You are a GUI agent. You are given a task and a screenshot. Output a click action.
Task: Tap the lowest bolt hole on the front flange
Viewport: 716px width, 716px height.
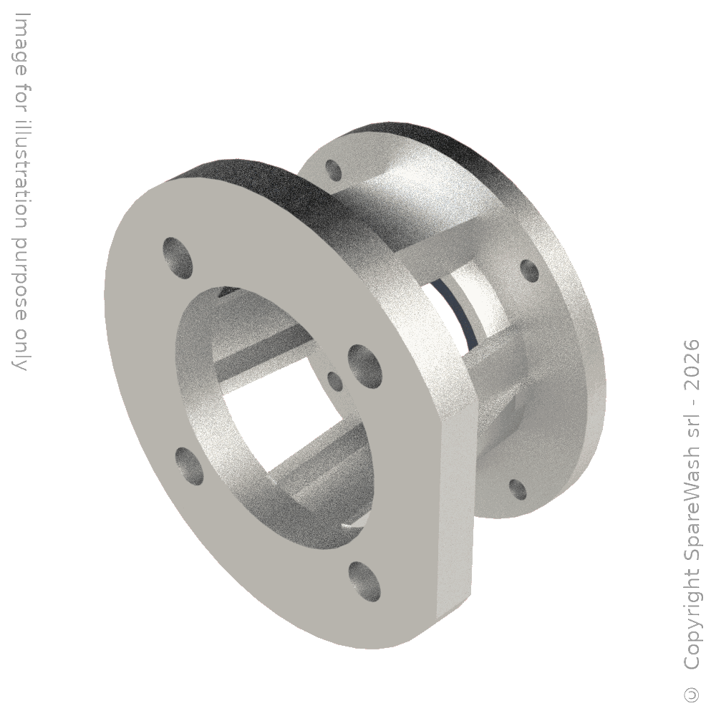[364, 581]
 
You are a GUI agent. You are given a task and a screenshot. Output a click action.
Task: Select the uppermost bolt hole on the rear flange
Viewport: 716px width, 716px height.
[334, 170]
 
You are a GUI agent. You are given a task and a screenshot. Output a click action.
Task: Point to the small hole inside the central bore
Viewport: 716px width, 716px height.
[336, 382]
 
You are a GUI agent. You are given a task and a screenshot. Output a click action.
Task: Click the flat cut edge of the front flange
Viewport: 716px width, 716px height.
[455, 511]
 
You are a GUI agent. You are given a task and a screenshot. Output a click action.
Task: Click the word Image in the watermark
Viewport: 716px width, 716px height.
[20, 44]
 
